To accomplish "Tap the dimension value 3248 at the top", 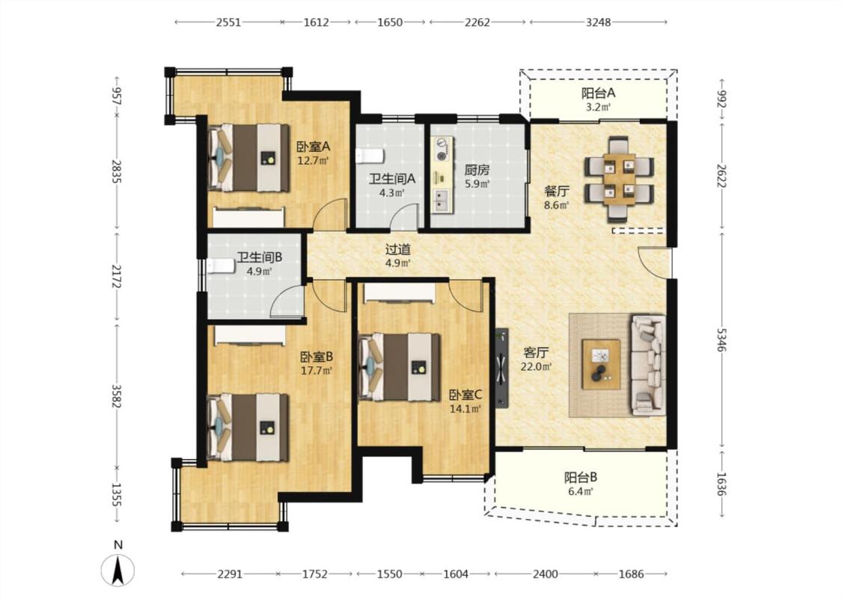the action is tap(598, 22).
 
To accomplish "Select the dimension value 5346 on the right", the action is tap(722, 339).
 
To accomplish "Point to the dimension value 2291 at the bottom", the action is tap(230, 574).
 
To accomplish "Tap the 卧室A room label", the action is tap(313, 146).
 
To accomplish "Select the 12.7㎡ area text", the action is tap(313, 159).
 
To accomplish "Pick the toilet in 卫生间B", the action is tap(222, 266).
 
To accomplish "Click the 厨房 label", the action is tap(477, 170).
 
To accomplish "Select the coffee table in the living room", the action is tap(601, 364).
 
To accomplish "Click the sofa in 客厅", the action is tap(648, 365).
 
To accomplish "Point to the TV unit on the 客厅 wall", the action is tap(502, 368).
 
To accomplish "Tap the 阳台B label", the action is tap(581, 477).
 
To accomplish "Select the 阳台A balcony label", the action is tap(598, 93).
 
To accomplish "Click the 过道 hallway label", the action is tap(398, 250).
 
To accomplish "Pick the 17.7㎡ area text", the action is tap(317, 370).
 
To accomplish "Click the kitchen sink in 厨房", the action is tap(442, 200).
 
